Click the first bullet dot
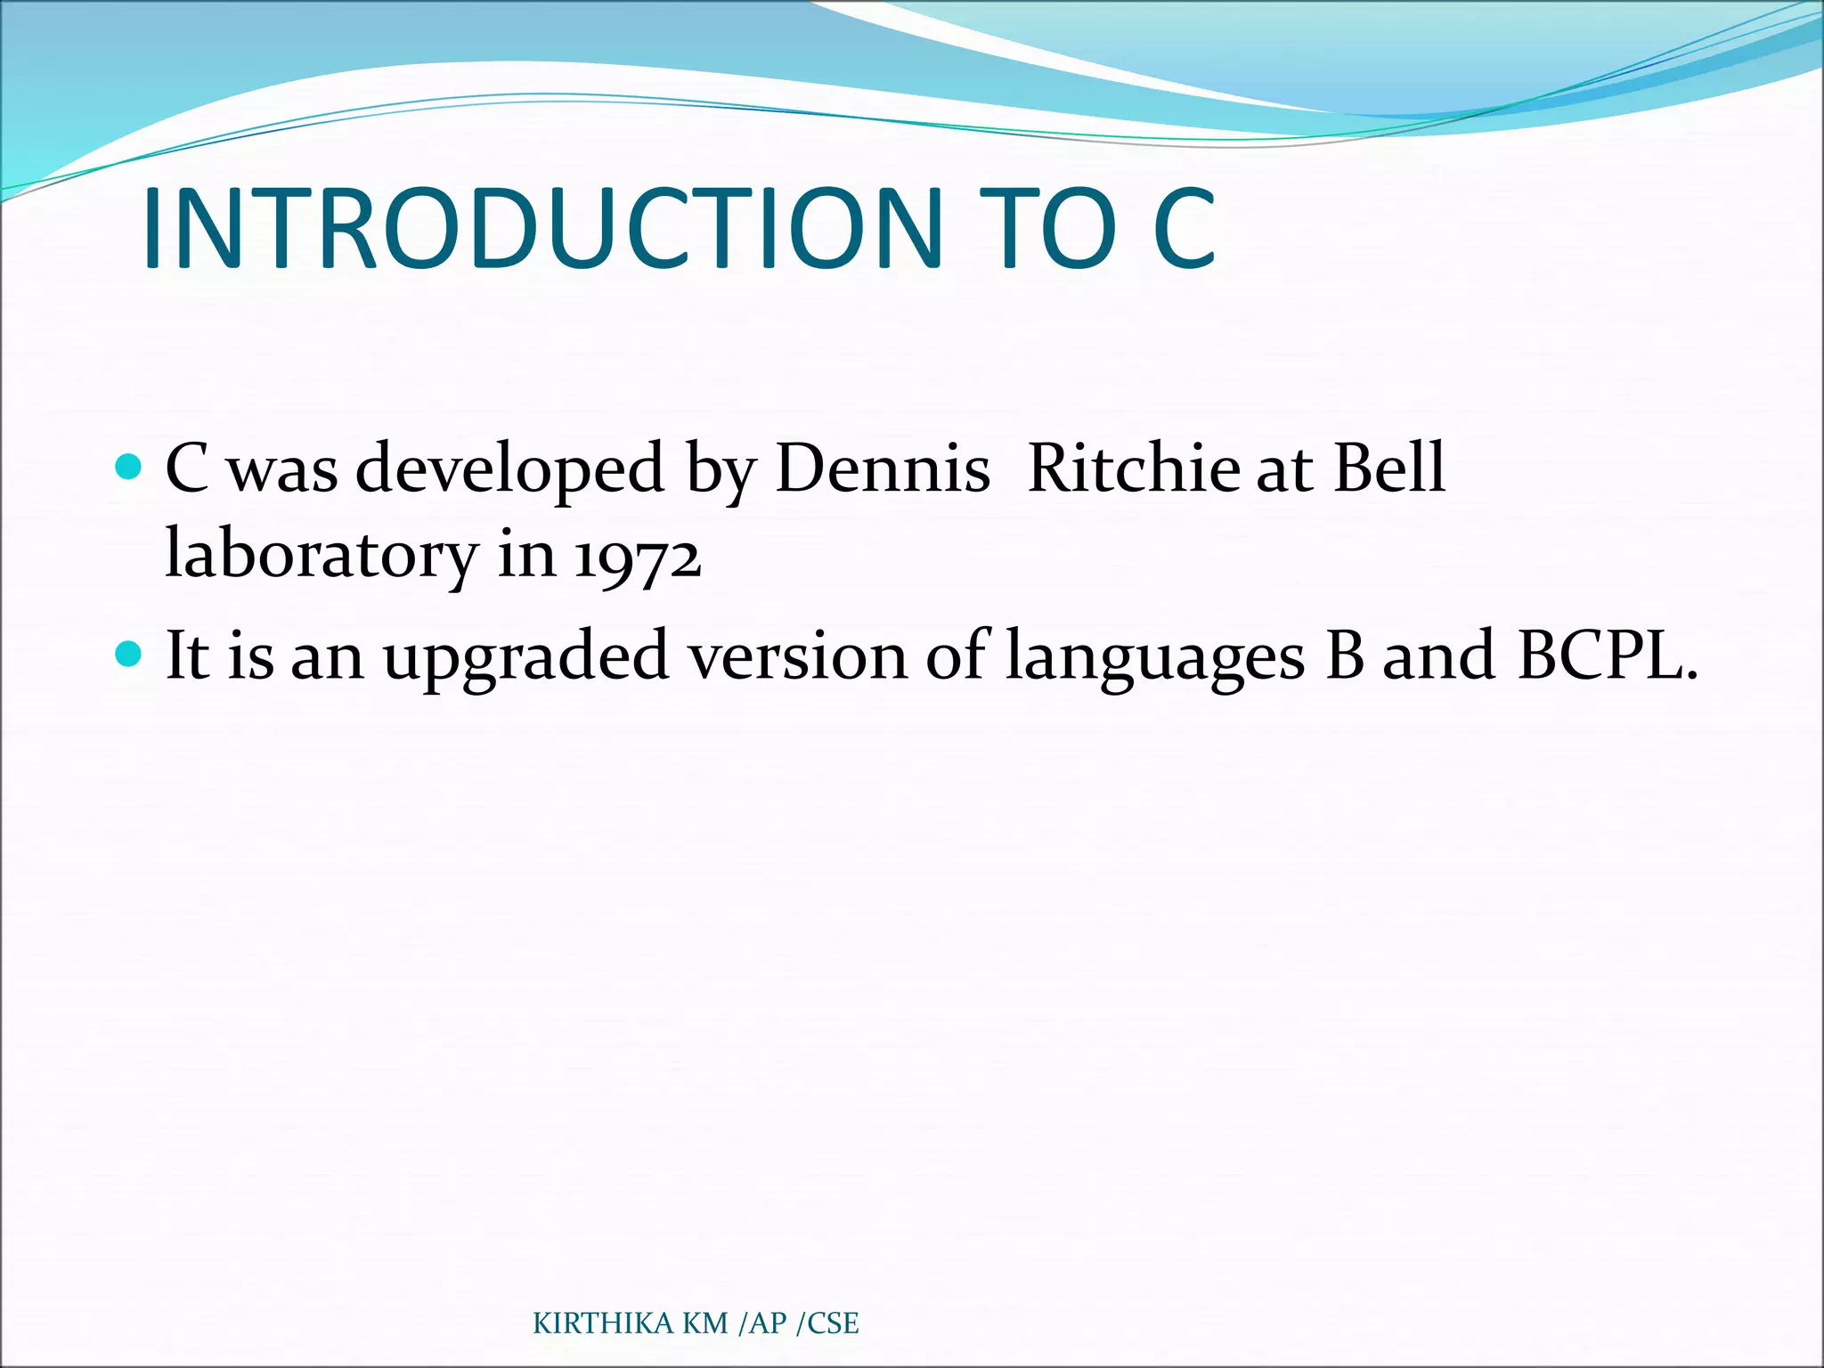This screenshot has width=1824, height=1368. click(x=129, y=466)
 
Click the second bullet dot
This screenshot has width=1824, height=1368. click(x=129, y=655)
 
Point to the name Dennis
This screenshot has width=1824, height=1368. click(x=882, y=468)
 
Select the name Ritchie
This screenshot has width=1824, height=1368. click(x=1133, y=468)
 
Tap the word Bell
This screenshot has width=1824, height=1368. click(x=1388, y=468)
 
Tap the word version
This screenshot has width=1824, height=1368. click(x=798, y=657)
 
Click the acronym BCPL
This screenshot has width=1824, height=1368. click(x=1606, y=655)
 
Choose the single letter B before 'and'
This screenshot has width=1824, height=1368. click(x=1344, y=655)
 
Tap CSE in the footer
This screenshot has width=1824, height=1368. click(x=833, y=1323)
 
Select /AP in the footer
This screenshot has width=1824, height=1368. click(x=763, y=1323)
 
